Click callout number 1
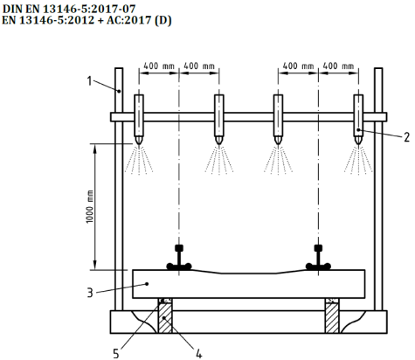tap(89, 80)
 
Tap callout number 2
tap(406, 137)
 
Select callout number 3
tap(90, 293)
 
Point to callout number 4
tap(198, 354)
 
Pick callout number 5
tap(116, 354)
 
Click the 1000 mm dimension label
tap(90, 206)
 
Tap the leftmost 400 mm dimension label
tap(159, 66)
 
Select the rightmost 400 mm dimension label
tap(338, 66)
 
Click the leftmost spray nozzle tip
tap(139, 143)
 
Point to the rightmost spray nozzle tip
tap(358, 143)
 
